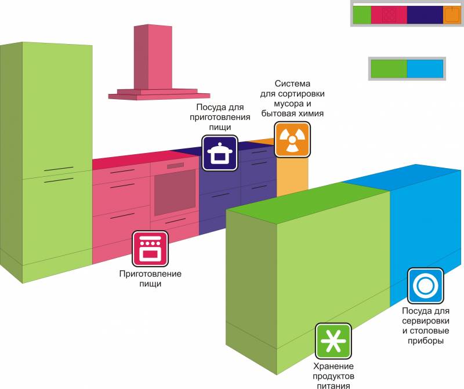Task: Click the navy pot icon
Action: coord(219,153)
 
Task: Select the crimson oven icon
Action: coord(150,248)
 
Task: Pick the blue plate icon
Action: coord(425,285)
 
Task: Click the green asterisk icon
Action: coord(333,340)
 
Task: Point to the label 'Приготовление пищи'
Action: coord(150,278)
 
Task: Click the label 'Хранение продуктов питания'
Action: coord(333,375)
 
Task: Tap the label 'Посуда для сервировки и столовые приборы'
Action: coord(425,326)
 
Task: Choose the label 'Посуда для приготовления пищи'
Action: coord(220,117)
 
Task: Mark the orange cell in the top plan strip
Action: coord(452,15)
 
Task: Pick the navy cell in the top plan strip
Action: coord(425,15)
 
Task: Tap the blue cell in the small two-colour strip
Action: coord(425,68)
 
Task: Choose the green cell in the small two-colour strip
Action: coord(389,68)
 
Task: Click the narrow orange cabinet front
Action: coord(292,176)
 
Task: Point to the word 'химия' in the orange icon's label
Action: coord(309,114)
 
